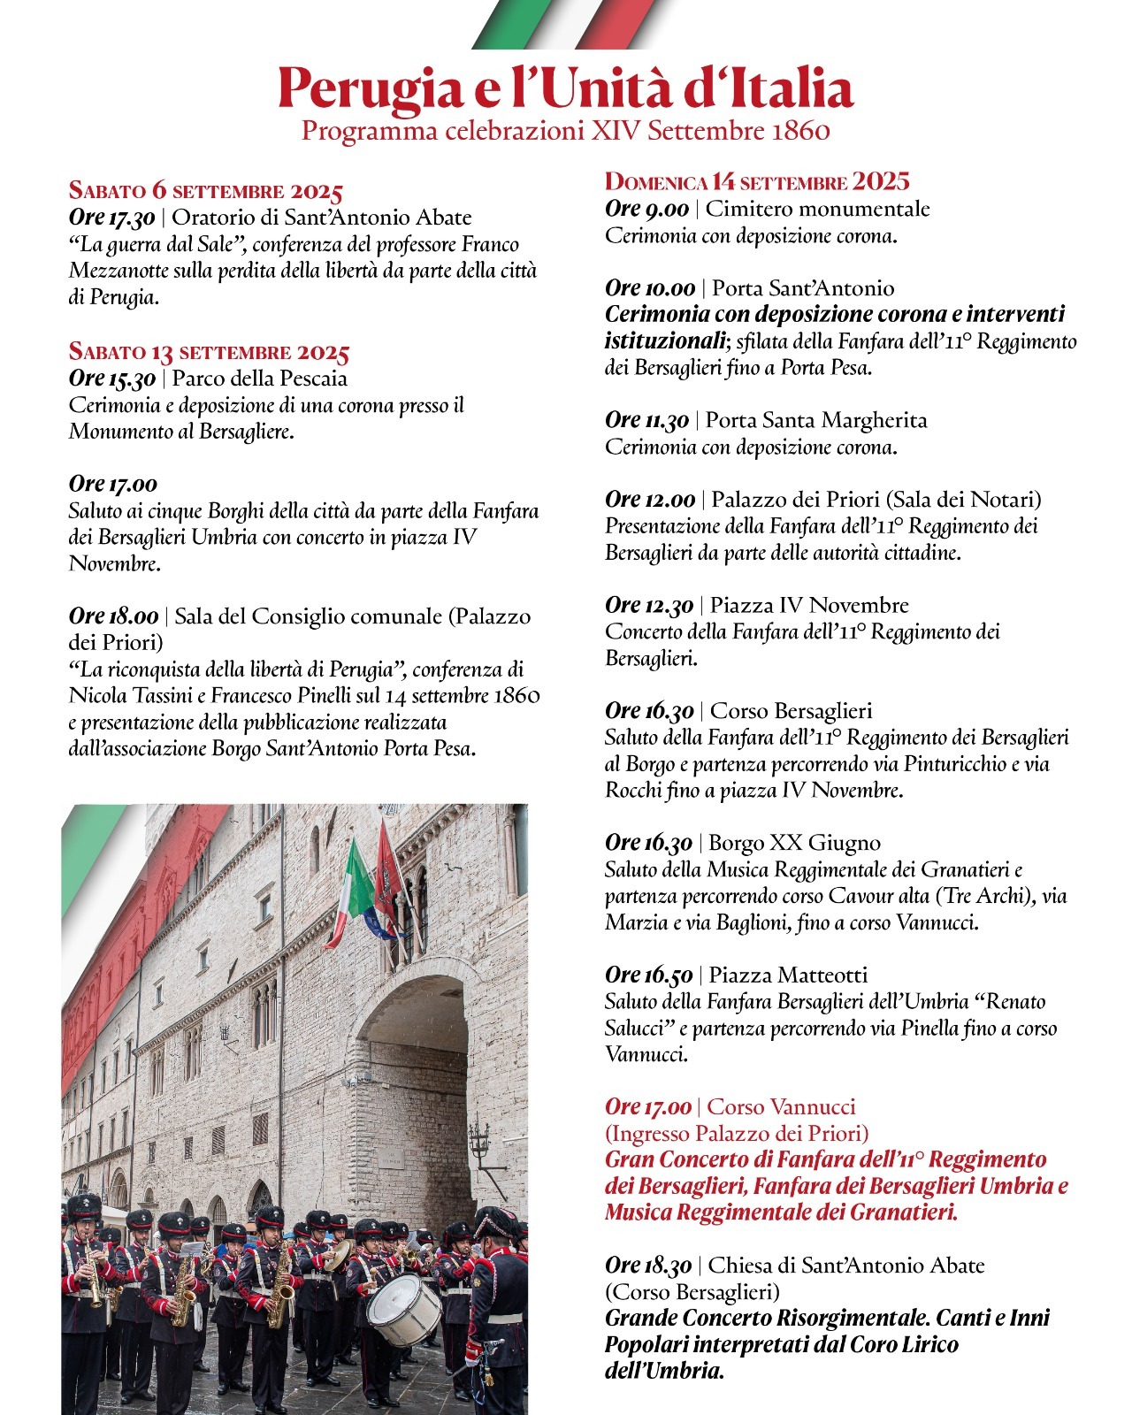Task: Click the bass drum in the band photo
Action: point(403,1310)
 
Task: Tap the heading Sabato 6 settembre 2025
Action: point(205,190)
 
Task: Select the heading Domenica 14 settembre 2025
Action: point(757,181)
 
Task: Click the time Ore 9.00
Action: point(646,209)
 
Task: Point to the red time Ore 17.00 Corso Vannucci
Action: point(648,1106)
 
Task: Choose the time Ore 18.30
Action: point(649,1266)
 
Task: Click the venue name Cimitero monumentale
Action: point(818,209)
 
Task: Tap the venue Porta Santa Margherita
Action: point(816,420)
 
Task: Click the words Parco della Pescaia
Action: point(260,379)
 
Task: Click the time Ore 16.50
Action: point(649,975)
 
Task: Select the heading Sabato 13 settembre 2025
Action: point(209,352)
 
